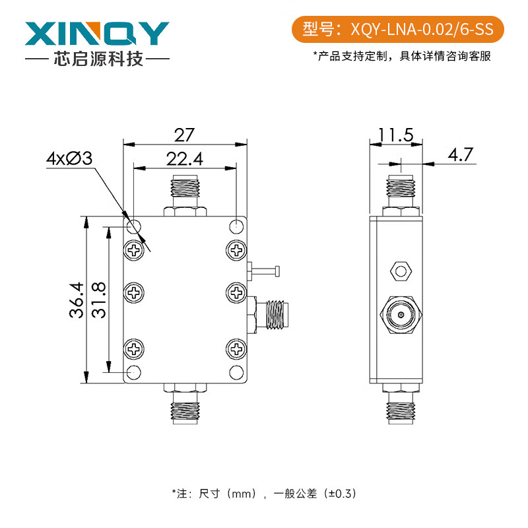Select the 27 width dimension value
184,135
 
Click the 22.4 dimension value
184,159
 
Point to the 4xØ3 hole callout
69,159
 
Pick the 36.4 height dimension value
75,300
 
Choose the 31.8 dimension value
98,300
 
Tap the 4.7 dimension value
461,155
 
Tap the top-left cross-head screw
135,250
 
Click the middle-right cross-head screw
236,291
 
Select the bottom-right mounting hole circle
236,372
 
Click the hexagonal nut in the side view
399,270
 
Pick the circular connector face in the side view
400,315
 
